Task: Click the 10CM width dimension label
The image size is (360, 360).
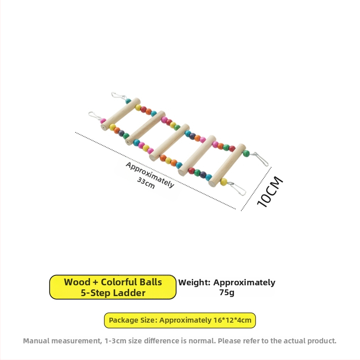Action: point(270,192)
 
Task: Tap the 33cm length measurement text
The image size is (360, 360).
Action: point(146,183)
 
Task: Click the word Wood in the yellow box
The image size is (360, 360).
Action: point(77,282)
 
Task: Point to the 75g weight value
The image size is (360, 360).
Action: point(227,292)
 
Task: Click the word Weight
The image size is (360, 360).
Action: point(194,283)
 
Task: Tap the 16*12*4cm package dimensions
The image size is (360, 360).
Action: point(232,320)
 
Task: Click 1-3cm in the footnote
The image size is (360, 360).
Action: point(115,341)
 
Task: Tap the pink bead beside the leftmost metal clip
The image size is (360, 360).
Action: point(103,121)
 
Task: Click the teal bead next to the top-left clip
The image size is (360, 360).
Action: point(128,101)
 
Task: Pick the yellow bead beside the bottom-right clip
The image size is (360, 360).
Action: point(224,182)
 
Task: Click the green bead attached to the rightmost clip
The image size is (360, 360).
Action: point(246,153)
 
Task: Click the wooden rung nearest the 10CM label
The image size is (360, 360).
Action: point(227,165)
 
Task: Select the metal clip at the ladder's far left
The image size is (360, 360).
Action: point(94,116)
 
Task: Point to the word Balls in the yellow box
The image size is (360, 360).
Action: point(150,282)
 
